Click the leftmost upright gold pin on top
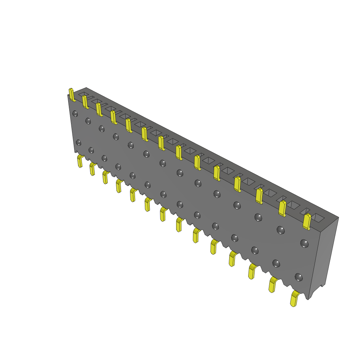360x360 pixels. (72, 95)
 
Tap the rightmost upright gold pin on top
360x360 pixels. (307, 221)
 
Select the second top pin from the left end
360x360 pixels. (85, 102)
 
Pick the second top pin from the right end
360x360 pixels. (282, 208)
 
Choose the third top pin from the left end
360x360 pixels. (99, 109)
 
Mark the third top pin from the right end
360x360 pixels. (259, 196)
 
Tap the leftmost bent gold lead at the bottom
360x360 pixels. (80, 161)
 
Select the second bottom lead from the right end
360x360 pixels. (272, 284)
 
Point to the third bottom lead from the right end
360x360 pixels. (252, 271)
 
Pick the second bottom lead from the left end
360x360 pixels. (92, 169)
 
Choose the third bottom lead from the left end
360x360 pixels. (105, 177)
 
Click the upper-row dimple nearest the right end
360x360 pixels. (304, 243)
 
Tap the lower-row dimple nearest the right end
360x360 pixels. (298, 277)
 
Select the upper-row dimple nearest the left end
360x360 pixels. (75, 114)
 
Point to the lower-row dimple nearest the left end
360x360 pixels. (78, 142)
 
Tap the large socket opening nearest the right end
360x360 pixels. (319, 218)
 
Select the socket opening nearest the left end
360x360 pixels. (83, 94)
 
